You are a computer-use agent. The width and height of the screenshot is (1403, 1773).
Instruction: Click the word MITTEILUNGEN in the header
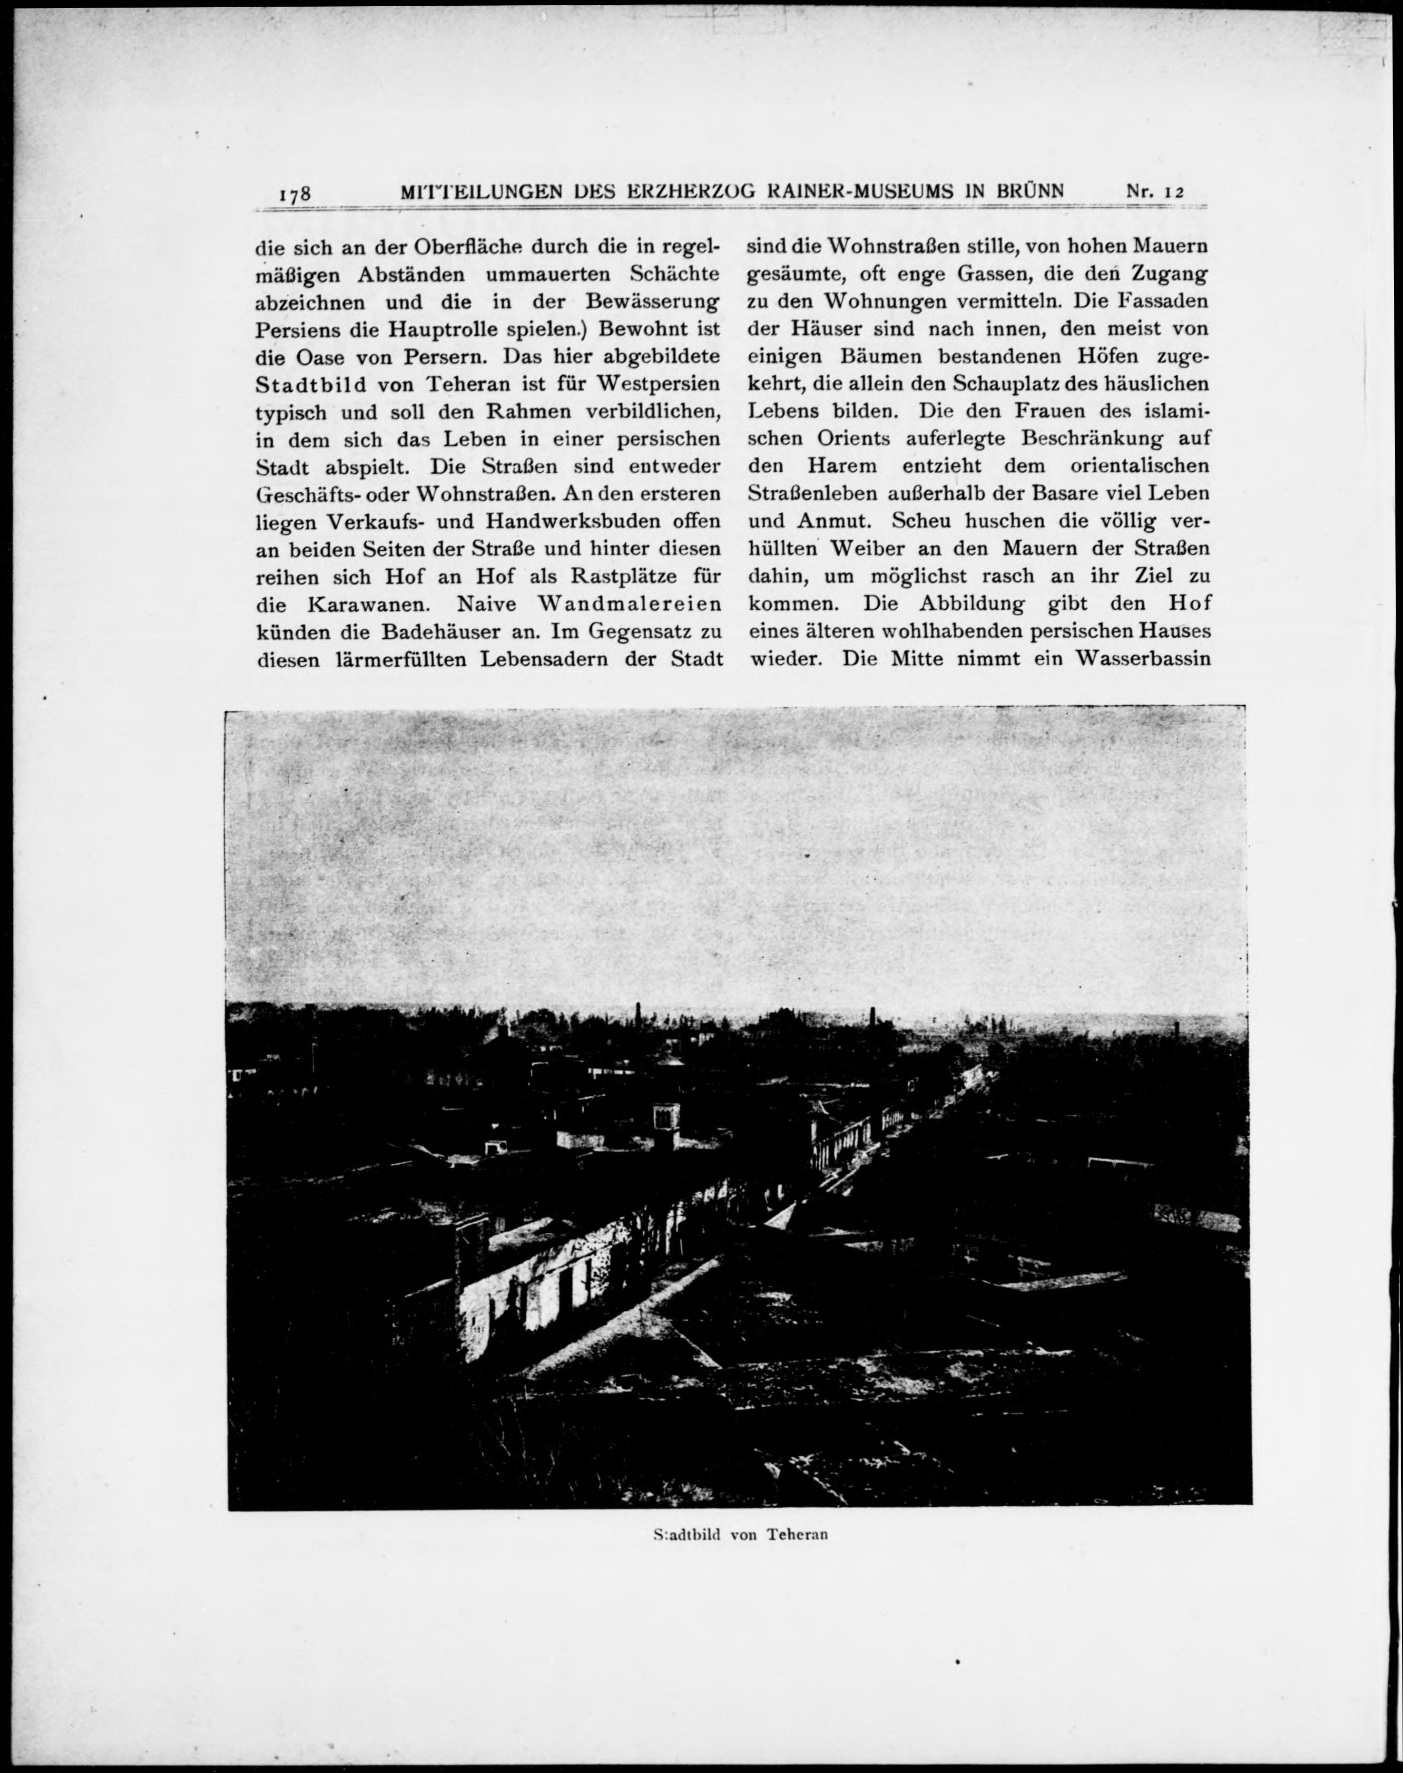click(481, 191)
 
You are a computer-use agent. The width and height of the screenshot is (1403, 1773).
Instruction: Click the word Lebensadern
click(545, 660)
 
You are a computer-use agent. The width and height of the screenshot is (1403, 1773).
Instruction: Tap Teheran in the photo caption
click(797, 1534)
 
